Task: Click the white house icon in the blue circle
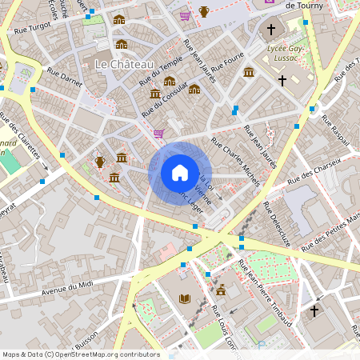(x=180, y=173)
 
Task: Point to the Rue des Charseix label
(x=314, y=170)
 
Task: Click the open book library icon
(x=185, y=298)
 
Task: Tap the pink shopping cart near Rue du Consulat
(x=158, y=134)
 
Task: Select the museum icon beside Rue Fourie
(x=249, y=73)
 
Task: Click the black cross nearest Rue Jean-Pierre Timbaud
(x=314, y=310)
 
